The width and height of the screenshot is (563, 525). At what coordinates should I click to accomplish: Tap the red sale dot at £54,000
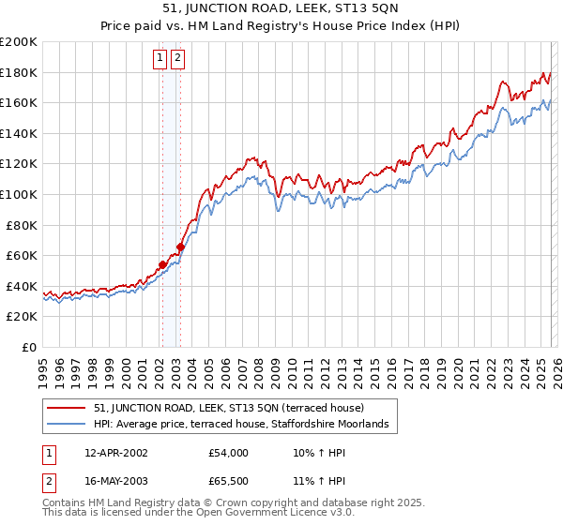[x=162, y=264]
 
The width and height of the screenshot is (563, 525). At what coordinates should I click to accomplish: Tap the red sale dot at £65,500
[x=180, y=247]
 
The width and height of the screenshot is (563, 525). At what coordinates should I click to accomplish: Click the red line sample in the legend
[x=68, y=408]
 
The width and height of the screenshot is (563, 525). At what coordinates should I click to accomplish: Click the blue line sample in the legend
[x=68, y=425]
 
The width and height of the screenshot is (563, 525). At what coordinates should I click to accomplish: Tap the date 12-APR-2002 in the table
[x=115, y=453]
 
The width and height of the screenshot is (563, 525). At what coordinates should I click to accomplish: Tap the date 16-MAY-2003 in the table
[x=115, y=481]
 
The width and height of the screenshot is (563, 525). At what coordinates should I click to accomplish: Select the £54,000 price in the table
[x=229, y=453]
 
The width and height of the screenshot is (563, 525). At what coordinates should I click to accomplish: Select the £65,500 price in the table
[x=229, y=481]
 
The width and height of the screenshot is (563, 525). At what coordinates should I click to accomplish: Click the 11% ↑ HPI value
[x=318, y=481]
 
